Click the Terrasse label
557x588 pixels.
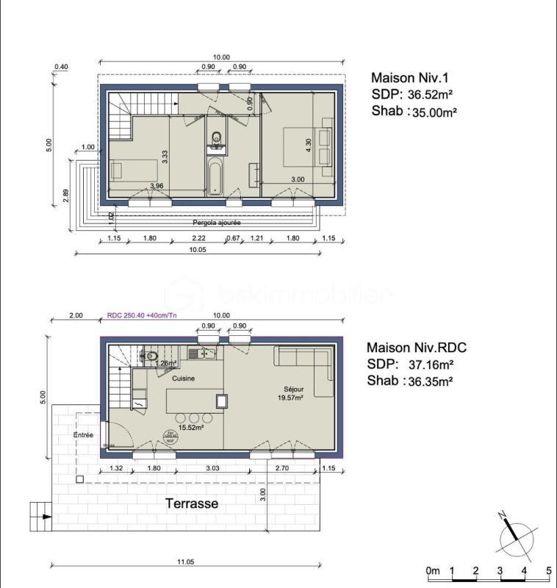[191, 503]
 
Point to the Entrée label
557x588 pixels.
[83, 435]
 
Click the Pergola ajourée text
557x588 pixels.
[217, 222]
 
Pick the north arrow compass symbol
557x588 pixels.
[516, 536]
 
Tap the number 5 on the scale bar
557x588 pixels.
[548, 571]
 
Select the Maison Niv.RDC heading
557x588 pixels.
[417, 347]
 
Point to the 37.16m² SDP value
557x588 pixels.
[430, 364]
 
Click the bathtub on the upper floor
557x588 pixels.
[215, 176]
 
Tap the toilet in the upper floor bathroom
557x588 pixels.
[216, 137]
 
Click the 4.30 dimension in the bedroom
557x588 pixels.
[309, 146]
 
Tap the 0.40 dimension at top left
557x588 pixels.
[61, 67]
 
